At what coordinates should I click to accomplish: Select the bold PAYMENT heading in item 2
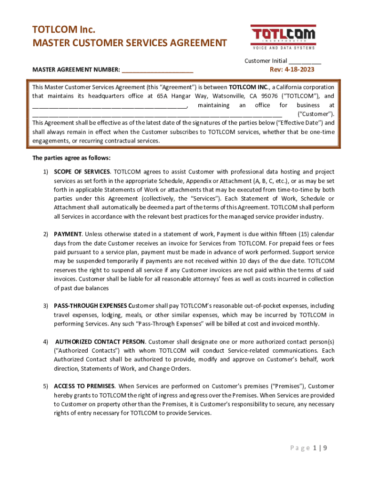pyautogui.click(x=68, y=234)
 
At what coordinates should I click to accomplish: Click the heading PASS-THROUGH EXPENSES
pyautogui.click(x=91, y=306)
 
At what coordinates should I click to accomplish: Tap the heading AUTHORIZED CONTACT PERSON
pyautogui.click(x=100, y=342)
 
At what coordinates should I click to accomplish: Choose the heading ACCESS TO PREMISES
pyautogui.click(x=84, y=386)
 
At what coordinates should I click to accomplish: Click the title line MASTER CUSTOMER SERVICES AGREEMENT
pyautogui.click(x=129, y=43)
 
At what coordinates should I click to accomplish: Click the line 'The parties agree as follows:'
pyautogui.click(x=71, y=158)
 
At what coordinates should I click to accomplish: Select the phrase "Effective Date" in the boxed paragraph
pyautogui.click(x=290, y=123)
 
